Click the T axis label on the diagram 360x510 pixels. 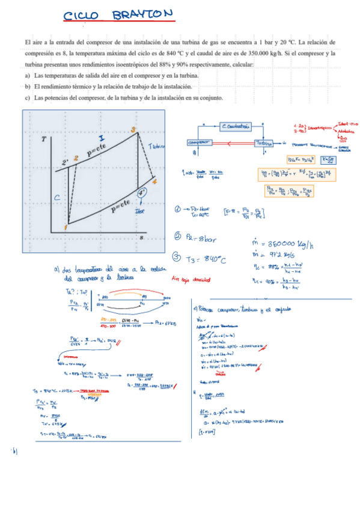[44, 140]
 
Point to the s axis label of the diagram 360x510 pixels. [142, 238]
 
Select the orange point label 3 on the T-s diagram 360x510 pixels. [133, 129]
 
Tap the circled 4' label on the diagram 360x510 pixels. [142, 193]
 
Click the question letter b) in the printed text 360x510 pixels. [28, 87]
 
